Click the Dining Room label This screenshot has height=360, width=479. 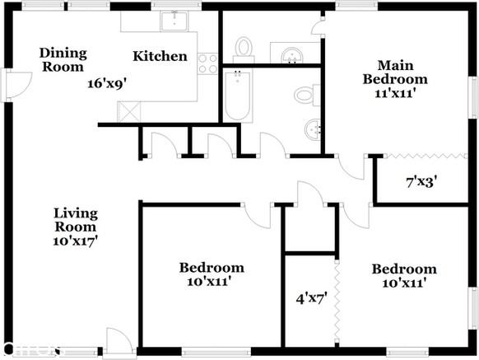click(63, 59)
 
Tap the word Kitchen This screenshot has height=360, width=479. click(160, 57)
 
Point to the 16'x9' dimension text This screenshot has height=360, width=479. click(106, 83)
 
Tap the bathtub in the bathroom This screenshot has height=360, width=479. click(239, 97)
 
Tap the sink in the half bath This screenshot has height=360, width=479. click(291, 56)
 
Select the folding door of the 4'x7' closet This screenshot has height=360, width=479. click(337, 302)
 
